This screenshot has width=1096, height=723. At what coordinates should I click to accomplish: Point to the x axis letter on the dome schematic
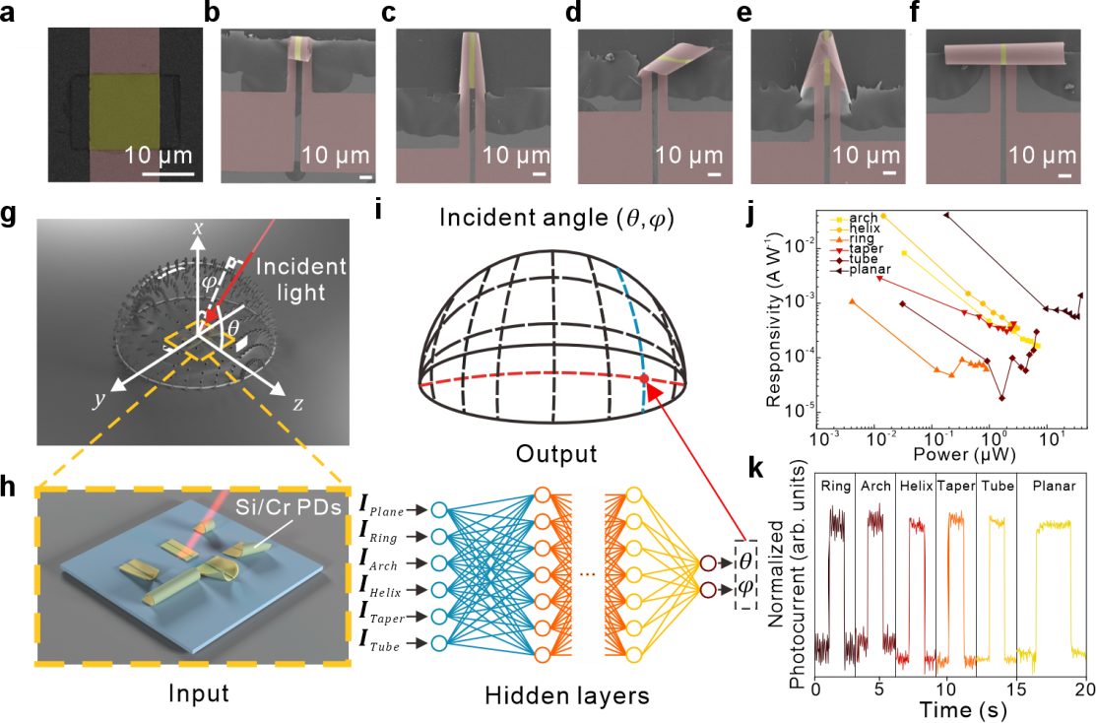(x=198, y=229)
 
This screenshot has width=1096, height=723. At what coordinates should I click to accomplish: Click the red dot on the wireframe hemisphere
(x=644, y=378)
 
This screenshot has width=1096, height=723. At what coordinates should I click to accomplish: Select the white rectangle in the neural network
(x=587, y=573)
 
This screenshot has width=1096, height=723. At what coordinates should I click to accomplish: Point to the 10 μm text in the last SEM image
(x=1042, y=156)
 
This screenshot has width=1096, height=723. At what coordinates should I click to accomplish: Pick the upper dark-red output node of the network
(x=707, y=563)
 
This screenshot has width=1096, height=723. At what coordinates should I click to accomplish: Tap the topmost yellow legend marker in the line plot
(x=839, y=221)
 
